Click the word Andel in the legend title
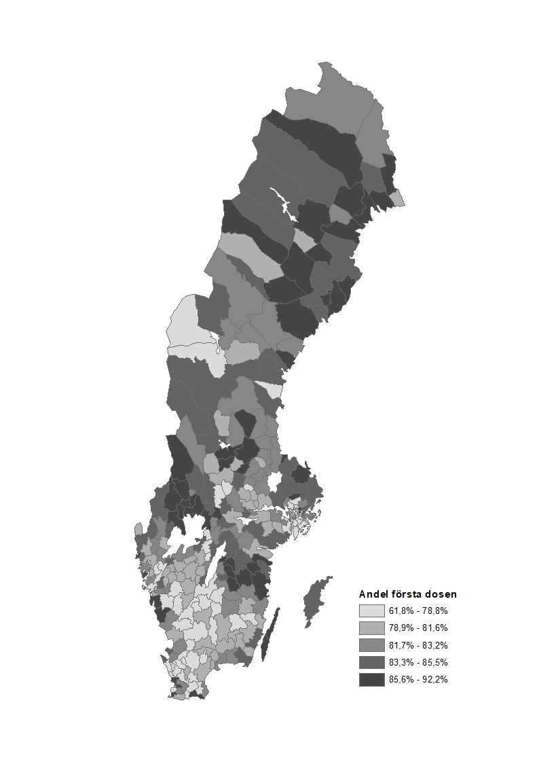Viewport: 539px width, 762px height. click(x=373, y=594)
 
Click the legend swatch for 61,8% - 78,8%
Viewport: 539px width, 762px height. click(x=371, y=610)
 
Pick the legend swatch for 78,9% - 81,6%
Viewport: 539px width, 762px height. click(x=371, y=628)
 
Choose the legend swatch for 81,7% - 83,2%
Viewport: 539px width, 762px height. click(x=371, y=645)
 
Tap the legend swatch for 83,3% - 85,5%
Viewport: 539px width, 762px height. click(x=371, y=662)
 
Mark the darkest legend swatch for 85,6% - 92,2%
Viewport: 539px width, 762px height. click(x=371, y=679)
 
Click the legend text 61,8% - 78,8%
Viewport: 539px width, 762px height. click(x=418, y=610)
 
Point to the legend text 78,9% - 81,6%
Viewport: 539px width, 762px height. click(x=418, y=628)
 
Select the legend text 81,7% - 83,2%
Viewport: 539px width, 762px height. click(x=418, y=645)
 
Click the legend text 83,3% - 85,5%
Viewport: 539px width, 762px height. click(x=418, y=662)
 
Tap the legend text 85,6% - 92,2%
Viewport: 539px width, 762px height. click(x=418, y=679)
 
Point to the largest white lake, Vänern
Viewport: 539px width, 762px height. click(x=184, y=537)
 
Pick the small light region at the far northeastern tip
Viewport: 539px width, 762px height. click(x=398, y=198)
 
